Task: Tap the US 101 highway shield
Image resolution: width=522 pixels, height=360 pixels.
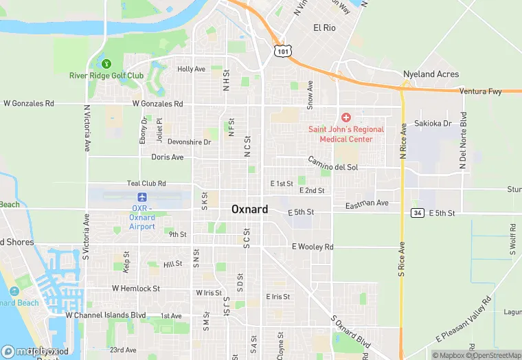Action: [282, 51]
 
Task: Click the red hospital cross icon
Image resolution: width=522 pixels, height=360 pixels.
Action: [346, 118]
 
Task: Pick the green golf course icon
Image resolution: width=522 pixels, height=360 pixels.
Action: [106, 64]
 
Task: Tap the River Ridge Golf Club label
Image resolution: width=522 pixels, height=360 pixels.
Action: [106, 76]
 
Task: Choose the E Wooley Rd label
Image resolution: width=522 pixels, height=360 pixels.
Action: [313, 247]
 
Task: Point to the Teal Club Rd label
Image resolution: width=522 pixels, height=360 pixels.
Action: [146, 183]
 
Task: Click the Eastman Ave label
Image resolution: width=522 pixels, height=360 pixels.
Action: [367, 203]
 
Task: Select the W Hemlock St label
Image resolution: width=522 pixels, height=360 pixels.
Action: [136, 289]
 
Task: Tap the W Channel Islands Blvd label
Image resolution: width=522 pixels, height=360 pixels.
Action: [106, 315]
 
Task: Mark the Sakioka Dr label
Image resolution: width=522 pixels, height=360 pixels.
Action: [433, 124]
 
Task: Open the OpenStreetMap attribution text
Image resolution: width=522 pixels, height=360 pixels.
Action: [494, 355]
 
